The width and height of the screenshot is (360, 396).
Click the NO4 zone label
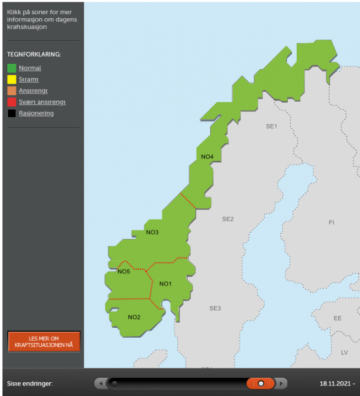(x=207, y=157)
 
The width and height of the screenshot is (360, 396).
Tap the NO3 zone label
(x=152, y=232)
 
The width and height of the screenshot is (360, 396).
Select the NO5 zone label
(x=124, y=271)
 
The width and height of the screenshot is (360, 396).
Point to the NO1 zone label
(x=166, y=284)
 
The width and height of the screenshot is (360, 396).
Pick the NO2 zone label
(x=134, y=317)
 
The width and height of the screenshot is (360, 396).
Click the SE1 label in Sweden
(x=271, y=126)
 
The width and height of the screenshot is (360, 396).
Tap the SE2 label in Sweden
(x=228, y=219)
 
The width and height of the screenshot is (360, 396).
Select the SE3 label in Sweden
(x=215, y=308)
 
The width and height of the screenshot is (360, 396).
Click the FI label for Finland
(x=331, y=223)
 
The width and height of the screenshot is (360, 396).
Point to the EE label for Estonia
(x=337, y=318)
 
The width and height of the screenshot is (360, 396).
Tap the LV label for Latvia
(x=345, y=352)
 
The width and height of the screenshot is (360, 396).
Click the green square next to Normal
(x=12, y=68)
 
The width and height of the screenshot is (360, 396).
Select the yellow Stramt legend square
(x=12, y=80)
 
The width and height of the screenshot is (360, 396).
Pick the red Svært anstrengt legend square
(x=12, y=102)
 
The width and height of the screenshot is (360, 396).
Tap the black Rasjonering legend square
(x=12, y=113)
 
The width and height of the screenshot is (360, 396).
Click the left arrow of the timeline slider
(x=100, y=383)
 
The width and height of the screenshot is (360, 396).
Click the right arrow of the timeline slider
(x=281, y=383)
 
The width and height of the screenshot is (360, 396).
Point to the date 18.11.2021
(x=335, y=383)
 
